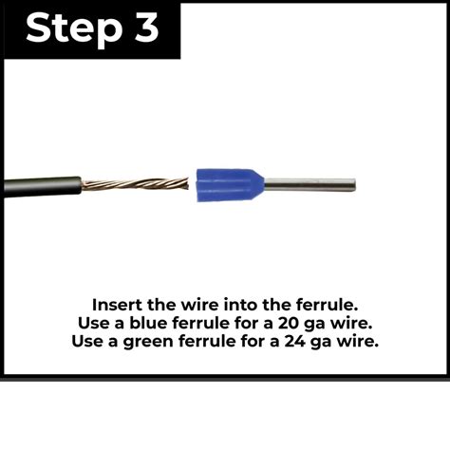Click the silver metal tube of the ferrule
pos(309,184)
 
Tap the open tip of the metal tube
pos(353,184)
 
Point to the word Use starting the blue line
pos(95,323)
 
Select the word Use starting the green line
pos(88,341)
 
